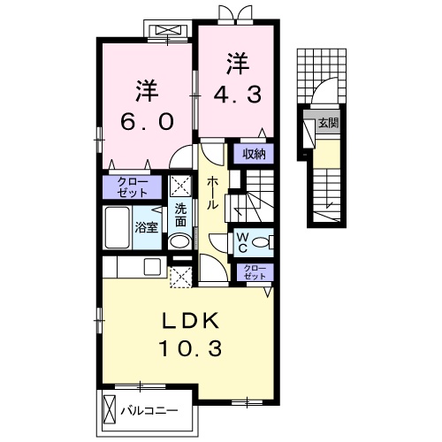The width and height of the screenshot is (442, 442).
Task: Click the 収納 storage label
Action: click(x=255, y=154)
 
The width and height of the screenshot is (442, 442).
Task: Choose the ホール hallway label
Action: click(x=213, y=192)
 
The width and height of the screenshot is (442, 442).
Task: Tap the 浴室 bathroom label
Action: click(x=146, y=227)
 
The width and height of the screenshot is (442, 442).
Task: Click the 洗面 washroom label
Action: click(x=180, y=215)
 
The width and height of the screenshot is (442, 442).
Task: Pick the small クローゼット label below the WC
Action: click(x=255, y=271)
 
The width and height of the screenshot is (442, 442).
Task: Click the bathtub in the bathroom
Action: click(x=118, y=229)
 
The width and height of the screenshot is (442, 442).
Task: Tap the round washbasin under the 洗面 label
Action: click(x=179, y=240)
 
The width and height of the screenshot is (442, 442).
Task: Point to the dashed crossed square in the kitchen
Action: click(x=180, y=276)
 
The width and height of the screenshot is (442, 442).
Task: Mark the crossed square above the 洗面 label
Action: click(x=180, y=187)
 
